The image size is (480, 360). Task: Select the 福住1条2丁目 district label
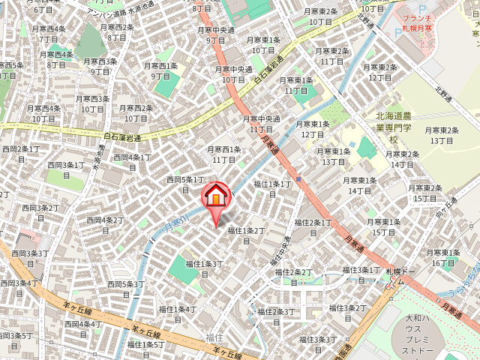[247, 235]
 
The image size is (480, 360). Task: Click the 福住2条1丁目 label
[313, 227]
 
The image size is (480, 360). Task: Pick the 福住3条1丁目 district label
[361, 274]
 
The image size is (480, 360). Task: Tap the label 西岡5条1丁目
[184, 184]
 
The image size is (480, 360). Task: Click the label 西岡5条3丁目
[125, 289]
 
